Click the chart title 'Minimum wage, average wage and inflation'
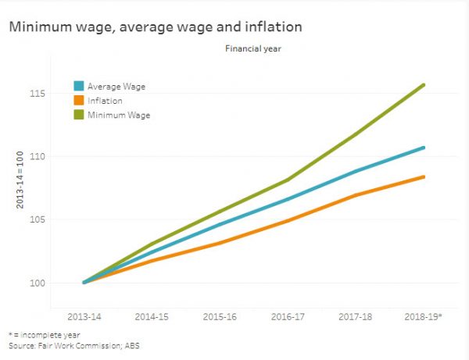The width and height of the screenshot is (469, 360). pyautogui.click(x=156, y=27)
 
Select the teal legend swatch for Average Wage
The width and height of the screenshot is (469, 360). pyautogui.click(x=79, y=86)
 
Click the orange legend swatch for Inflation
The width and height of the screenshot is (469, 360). pyautogui.click(x=79, y=101)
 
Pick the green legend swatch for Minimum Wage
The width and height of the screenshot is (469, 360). pyautogui.click(x=79, y=116)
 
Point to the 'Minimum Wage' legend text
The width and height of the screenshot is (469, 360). pyautogui.click(x=119, y=116)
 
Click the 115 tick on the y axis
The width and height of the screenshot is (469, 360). pyautogui.click(x=37, y=94)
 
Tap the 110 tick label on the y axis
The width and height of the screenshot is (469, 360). pyautogui.click(x=37, y=156)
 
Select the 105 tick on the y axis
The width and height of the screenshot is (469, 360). pyautogui.click(x=37, y=219)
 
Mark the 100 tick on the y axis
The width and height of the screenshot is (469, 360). pyautogui.click(x=37, y=283)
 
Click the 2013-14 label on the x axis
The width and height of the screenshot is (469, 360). pyautogui.click(x=84, y=319)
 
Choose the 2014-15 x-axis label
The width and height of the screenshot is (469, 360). pyautogui.click(x=151, y=319)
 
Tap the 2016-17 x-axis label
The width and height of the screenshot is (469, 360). pyautogui.click(x=288, y=319)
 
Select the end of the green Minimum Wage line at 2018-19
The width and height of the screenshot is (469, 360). pyautogui.click(x=424, y=84)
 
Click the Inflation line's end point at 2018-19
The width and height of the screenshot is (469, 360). pyautogui.click(x=424, y=176)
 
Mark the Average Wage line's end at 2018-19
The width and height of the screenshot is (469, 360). pyautogui.click(x=424, y=148)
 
